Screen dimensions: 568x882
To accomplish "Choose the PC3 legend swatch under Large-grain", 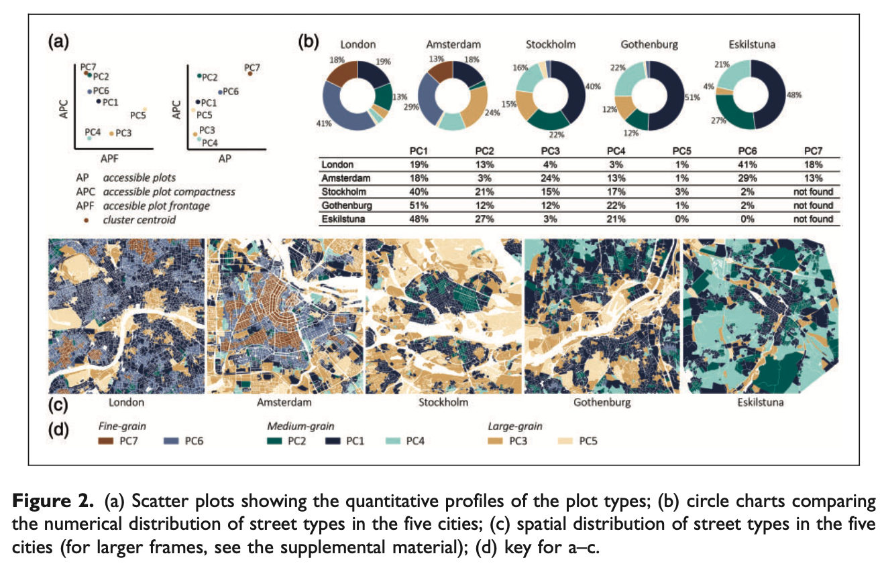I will tap(496, 441).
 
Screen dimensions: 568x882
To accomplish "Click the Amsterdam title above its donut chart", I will tap(453, 44).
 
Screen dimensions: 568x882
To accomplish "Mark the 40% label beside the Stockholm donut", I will tap(592, 86).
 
